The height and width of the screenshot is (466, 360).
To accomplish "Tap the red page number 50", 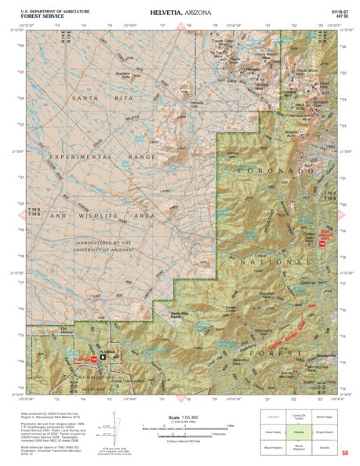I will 346,453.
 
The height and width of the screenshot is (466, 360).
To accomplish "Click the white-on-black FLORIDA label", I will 107,351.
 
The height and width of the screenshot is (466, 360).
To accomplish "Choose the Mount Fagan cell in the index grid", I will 322,417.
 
